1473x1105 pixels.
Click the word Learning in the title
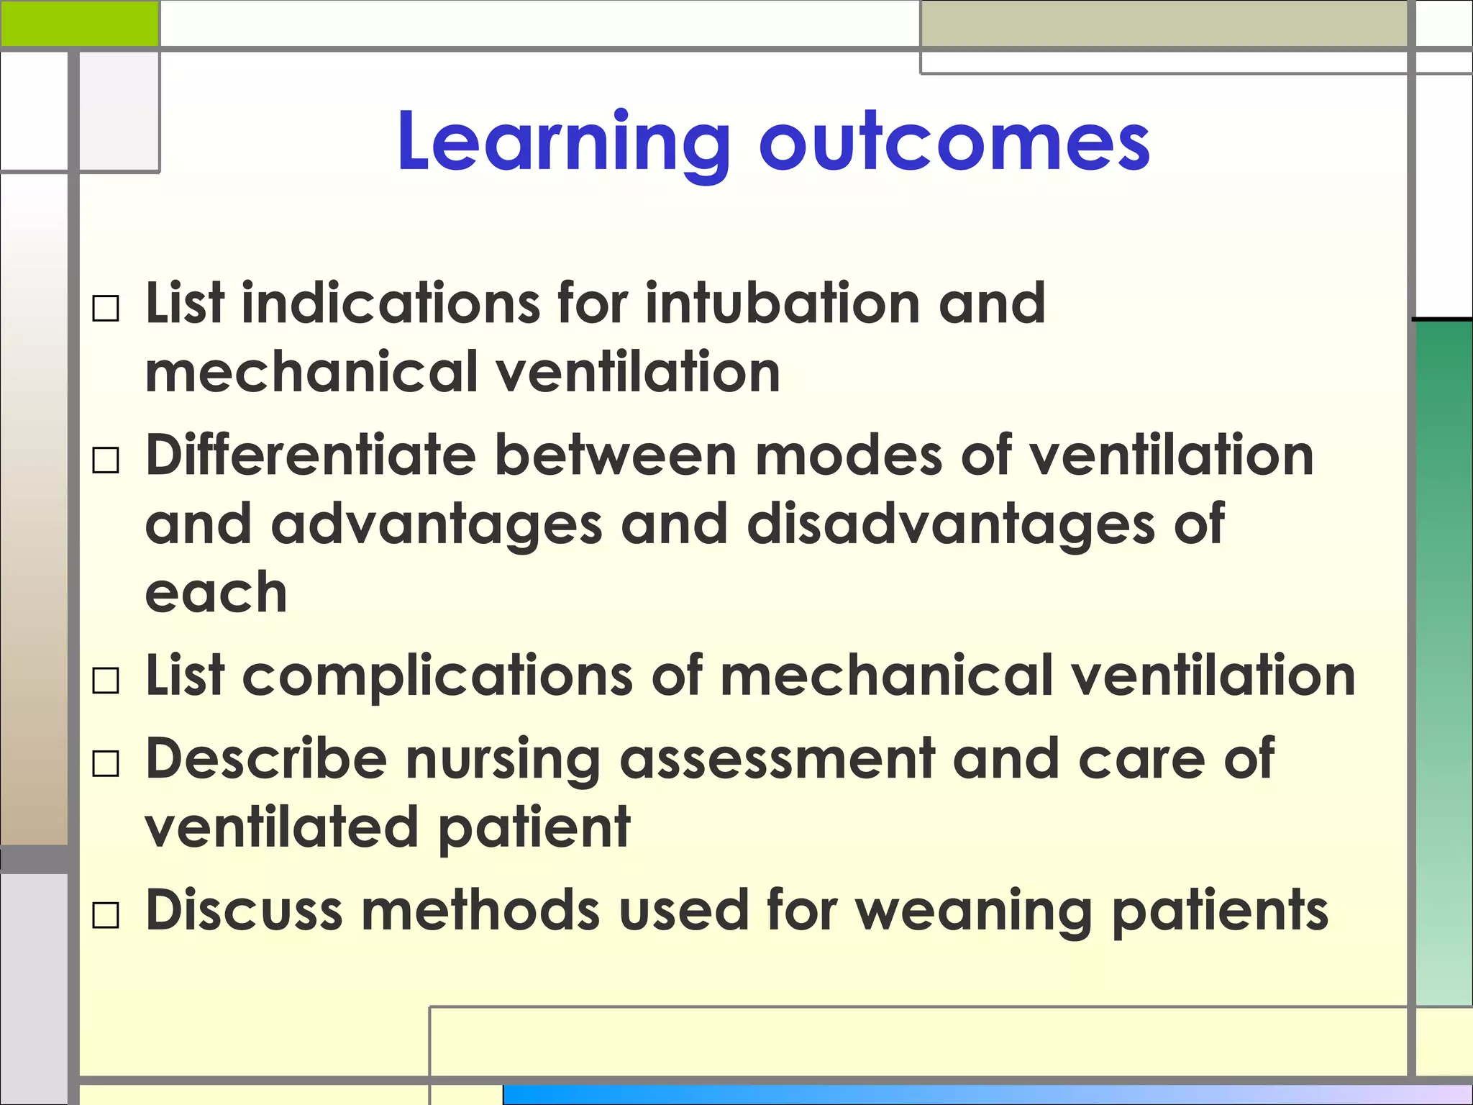click(x=563, y=142)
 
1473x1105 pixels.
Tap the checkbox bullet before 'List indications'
click(x=106, y=309)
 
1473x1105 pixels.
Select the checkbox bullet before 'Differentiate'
click(x=106, y=460)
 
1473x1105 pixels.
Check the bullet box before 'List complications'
click(x=106, y=681)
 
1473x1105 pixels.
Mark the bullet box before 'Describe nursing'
click(x=106, y=764)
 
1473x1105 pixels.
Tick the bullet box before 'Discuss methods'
click(x=106, y=916)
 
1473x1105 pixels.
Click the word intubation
click(x=783, y=303)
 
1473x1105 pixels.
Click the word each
click(x=216, y=593)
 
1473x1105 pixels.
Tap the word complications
click(x=437, y=676)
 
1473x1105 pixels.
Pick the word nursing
click(x=503, y=761)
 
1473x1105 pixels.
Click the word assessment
click(x=777, y=760)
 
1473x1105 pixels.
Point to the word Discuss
click(x=244, y=910)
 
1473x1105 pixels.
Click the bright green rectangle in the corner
click(x=79, y=23)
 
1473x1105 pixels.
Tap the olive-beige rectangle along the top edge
click(x=1164, y=24)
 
